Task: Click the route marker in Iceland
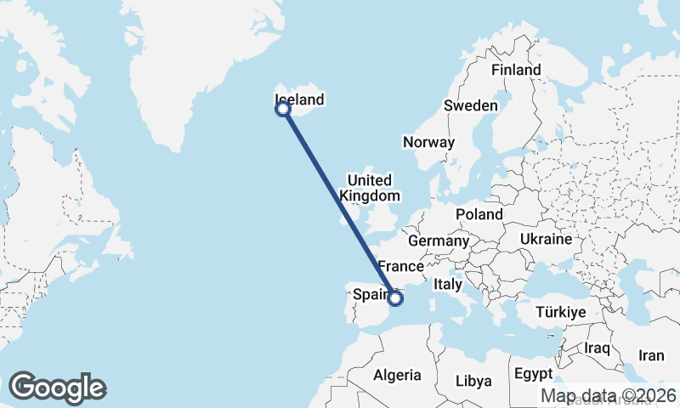[x=283, y=109]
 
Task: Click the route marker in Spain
[x=395, y=297]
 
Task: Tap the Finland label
[x=516, y=70]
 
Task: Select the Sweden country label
[x=470, y=105]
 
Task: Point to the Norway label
[x=429, y=142]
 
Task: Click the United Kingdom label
[x=370, y=188]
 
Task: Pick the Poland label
[x=479, y=214]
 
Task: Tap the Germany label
[x=439, y=241]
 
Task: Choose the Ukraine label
[x=546, y=239]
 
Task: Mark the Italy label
[x=447, y=285]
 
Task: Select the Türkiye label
[x=561, y=313]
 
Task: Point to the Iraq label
[x=598, y=348]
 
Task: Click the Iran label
[x=651, y=355]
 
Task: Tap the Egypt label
[x=533, y=374]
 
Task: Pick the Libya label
[x=474, y=380]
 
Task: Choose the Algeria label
[x=397, y=375]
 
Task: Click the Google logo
[x=57, y=388]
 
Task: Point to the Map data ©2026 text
[x=609, y=395]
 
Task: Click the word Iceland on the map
[x=301, y=99]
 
